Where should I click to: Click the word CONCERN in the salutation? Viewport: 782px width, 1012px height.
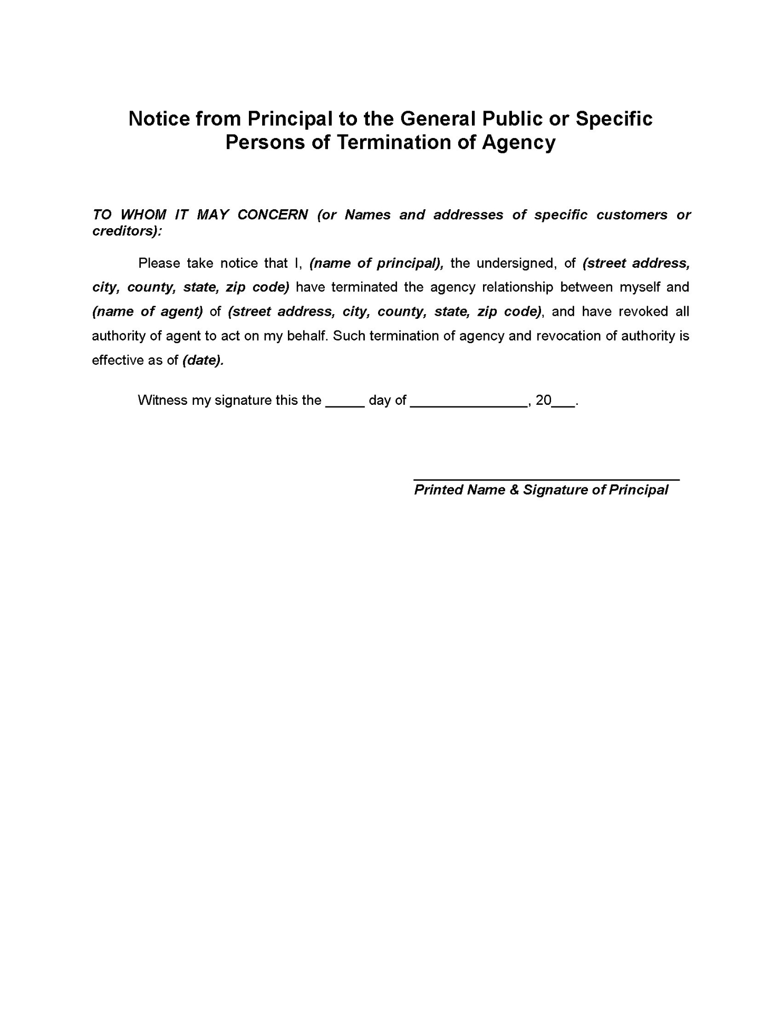273,215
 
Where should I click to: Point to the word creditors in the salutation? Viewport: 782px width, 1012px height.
125,231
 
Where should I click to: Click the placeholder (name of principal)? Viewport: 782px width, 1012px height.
376,264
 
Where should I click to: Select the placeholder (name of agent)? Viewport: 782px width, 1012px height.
147,312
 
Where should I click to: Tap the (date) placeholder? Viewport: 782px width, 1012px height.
202,361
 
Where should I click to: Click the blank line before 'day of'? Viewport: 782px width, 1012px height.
345,405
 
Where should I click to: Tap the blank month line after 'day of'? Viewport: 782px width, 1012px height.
468,405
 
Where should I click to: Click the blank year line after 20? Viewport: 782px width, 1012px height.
563,405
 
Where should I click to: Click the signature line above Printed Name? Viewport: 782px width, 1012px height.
546,479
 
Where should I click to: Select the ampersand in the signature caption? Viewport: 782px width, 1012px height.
514,490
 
